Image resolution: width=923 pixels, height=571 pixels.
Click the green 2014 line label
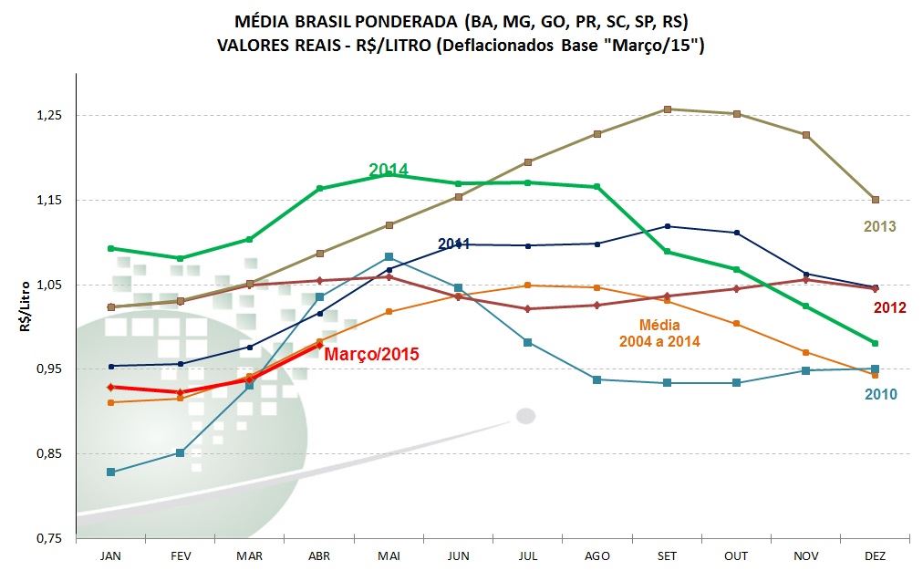click(388, 170)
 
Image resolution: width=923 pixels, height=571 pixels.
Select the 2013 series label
click(879, 226)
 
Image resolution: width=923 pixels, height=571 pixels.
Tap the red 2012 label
click(889, 307)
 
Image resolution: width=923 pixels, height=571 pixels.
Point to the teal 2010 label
click(880, 394)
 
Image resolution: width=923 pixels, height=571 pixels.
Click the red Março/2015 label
click(371, 354)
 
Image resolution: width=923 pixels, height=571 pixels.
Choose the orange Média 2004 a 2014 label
click(659, 332)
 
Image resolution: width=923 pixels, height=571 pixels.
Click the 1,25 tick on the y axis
click(49, 116)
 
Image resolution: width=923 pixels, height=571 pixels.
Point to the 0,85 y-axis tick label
click(49, 453)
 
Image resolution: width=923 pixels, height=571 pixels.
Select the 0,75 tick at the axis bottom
click(49, 538)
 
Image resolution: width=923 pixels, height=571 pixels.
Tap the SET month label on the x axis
click(668, 555)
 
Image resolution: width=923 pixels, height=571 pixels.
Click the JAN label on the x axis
click(110, 555)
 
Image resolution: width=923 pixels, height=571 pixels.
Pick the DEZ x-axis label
click(876, 555)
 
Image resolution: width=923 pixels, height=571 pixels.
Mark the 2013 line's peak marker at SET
click(668, 109)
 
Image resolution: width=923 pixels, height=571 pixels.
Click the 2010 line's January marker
click(110, 472)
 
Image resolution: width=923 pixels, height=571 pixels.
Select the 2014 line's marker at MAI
click(389, 173)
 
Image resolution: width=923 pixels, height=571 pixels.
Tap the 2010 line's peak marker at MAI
click(389, 257)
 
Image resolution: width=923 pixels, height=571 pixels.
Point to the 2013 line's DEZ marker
click(876, 200)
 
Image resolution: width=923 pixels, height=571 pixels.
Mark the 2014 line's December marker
click(876, 343)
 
